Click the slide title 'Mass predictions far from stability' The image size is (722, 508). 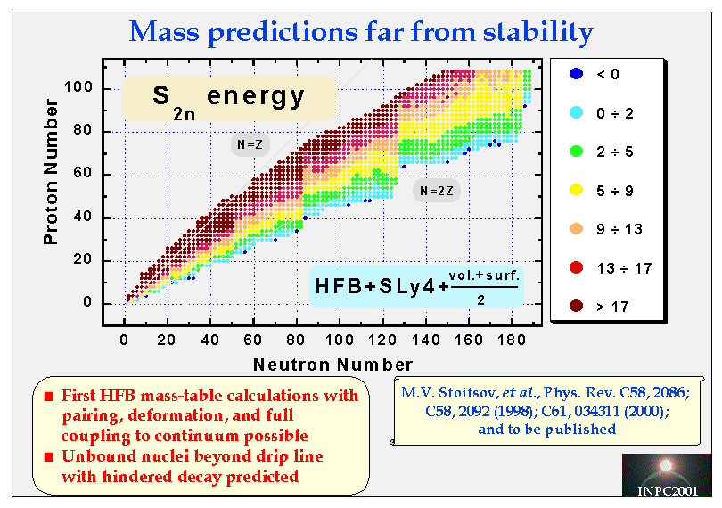(361, 32)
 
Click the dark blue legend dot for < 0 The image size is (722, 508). (576, 74)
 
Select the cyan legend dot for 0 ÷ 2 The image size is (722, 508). (576, 112)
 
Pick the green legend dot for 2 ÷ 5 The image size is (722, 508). (576, 152)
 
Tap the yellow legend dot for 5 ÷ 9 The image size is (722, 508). (576, 190)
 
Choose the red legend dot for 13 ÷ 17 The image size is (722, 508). (576, 267)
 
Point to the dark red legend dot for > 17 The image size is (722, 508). (576, 306)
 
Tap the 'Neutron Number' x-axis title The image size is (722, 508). (332, 364)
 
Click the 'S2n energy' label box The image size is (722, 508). (228, 98)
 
